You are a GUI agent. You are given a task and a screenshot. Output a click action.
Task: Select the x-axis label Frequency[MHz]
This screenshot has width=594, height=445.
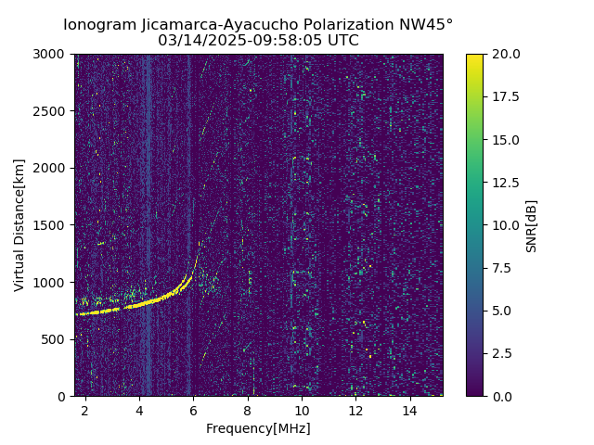click(258, 428)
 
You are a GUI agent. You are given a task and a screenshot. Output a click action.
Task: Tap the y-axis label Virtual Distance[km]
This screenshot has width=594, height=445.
click(19, 224)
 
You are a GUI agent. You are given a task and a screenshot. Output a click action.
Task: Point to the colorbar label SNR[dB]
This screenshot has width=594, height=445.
click(532, 225)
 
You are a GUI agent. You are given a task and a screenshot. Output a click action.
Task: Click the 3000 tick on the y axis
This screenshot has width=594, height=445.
click(52, 54)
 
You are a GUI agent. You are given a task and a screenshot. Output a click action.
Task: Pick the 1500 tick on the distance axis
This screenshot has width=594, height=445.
click(52, 225)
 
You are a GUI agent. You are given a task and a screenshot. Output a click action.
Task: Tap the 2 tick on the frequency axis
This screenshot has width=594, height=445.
click(85, 410)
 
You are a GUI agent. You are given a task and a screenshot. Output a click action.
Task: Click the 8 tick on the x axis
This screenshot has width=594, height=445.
click(248, 410)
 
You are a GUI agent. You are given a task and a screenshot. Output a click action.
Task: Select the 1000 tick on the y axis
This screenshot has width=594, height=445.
click(52, 282)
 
